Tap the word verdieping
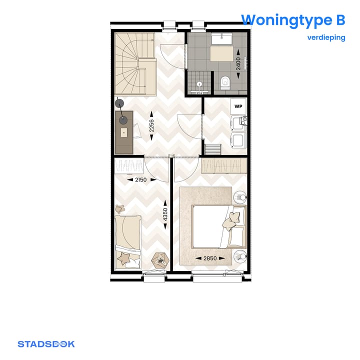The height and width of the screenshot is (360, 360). click(326, 37)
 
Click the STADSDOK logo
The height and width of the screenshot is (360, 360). click(46, 344)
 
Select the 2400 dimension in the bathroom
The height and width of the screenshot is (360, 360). click(238, 63)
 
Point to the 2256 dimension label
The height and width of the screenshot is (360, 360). click(151, 128)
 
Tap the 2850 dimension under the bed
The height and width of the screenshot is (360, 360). click(210, 258)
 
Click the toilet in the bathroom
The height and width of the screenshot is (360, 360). click(224, 82)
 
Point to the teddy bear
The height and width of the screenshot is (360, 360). click(119, 209)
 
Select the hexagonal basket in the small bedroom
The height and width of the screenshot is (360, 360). click(160, 261)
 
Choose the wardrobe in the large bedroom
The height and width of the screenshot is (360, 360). click(223, 165)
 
